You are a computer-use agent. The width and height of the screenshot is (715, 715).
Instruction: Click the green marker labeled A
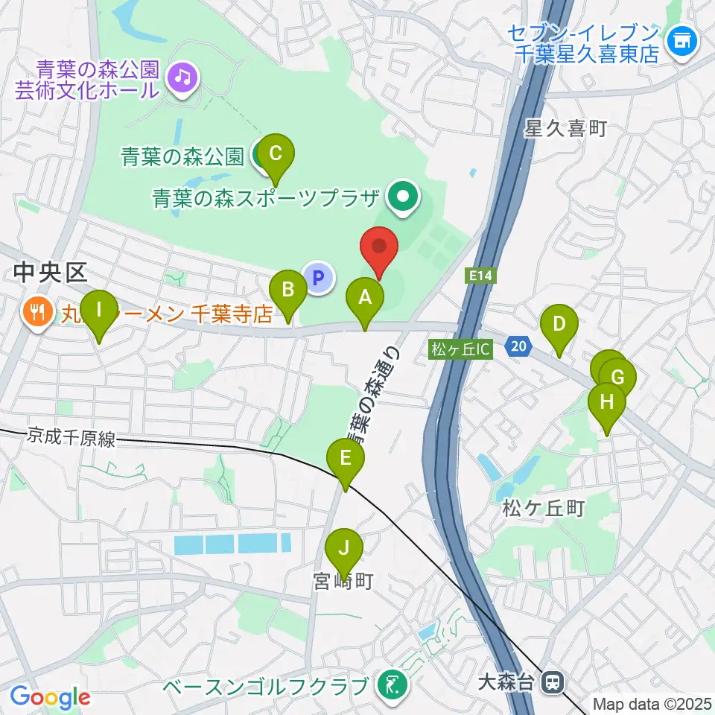point(365,299)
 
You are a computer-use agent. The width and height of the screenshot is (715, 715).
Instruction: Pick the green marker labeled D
point(558,326)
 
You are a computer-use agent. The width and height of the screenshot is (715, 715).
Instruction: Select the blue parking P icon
point(318,279)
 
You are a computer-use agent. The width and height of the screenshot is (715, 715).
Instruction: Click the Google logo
point(51,697)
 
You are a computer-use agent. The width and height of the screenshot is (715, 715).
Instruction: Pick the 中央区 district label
point(51,275)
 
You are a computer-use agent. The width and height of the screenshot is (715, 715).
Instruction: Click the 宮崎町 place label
point(343,580)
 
